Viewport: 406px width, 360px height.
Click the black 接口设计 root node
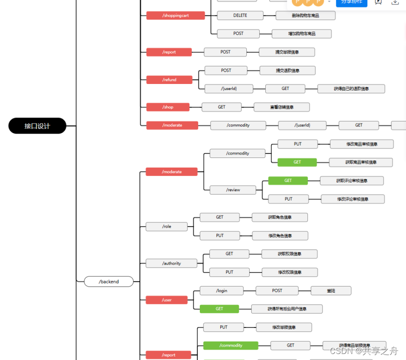(x=37, y=126)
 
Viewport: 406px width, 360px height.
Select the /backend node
(x=109, y=281)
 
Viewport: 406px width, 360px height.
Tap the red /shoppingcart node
(x=175, y=15)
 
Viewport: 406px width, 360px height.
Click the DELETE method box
(x=240, y=15)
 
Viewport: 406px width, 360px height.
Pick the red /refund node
(x=169, y=79)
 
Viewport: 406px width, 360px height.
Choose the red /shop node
(x=168, y=107)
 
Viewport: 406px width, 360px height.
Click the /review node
(x=233, y=190)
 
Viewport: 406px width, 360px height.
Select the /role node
(x=167, y=226)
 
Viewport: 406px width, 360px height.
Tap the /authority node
(x=172, y=263)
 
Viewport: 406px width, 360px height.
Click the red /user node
(x=167, y=300)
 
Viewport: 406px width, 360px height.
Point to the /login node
(x=221, y=290)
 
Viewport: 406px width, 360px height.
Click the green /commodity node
(x=230, y=345)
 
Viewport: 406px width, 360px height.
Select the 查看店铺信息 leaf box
(x=281, y=107)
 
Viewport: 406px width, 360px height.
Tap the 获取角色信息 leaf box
(x=279, y=217)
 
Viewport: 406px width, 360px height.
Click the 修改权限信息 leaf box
(x=289, y=272)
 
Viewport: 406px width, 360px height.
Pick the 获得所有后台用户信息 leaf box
(x=286, y=309)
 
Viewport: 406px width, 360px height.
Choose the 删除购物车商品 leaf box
(x=305, y=15)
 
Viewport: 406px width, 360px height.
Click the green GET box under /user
(x=219, y=309)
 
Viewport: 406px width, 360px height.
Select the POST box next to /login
(x=277, y=290)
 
